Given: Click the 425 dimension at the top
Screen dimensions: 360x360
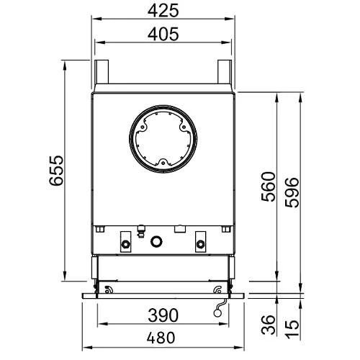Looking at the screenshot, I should pyautogui.click(x=163, y=12).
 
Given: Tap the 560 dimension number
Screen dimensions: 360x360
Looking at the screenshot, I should pyautogui.click(x=267, y=189).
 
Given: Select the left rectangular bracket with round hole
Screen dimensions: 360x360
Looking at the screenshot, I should pyautogui.click(x=126, y=240).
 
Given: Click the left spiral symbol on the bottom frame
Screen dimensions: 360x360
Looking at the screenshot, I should pyautogui.click(x=109, y=290).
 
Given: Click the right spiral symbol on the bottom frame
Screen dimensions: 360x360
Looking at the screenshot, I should pyautogui.click(x=218, y=290).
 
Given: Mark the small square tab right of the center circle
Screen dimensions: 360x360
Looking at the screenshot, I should pyautogui.click(x=176, y=230).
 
